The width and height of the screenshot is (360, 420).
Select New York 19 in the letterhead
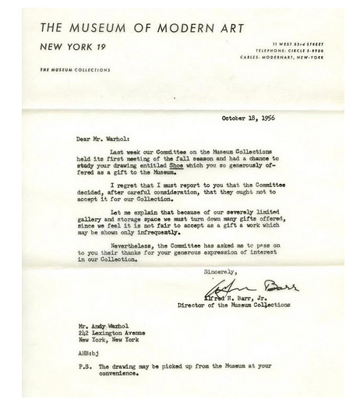tap(72, 47)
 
